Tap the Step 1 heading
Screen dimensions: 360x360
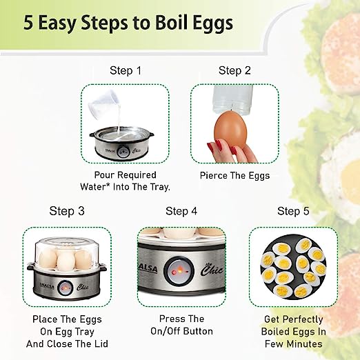pos(126,70)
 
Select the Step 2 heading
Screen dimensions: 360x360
pos(234,70)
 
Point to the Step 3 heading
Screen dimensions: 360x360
pos(67,211)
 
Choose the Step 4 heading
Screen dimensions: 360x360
pos(181,211)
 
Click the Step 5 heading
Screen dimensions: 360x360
pos(293,211)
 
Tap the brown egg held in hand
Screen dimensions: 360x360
pos(230,130)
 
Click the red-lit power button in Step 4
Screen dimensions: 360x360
pos(179,270)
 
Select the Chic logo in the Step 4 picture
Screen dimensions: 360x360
pos(211,270)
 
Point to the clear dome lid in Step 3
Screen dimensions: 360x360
pos(66,252)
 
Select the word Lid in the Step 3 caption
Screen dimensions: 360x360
pos(101,344)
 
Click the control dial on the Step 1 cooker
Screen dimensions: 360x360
pos(123,152)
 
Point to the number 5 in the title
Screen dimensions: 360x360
pos(28,23)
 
